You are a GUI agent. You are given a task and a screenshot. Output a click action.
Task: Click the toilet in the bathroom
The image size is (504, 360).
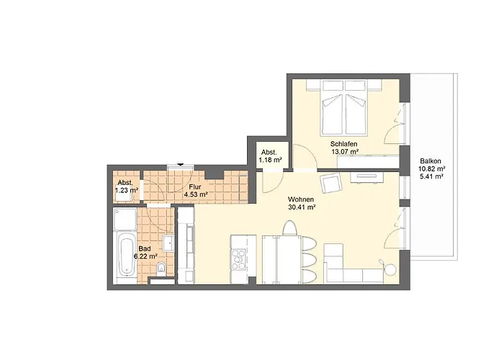pos(161,269)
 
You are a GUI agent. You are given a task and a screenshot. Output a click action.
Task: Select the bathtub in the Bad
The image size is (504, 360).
pos(125,255)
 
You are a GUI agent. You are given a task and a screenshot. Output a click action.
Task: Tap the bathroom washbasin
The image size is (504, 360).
pos(168,243)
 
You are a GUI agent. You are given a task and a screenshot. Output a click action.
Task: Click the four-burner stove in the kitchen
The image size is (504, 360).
pos(238,259)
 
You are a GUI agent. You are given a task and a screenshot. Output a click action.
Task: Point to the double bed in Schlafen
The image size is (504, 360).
pos(344,108)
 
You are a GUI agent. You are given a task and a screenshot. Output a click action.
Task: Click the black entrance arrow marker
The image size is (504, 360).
pos(181,165)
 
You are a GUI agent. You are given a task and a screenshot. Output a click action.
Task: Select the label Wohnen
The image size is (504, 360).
pos(300,199)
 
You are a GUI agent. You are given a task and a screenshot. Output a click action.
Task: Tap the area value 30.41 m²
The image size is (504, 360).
pos(302,207)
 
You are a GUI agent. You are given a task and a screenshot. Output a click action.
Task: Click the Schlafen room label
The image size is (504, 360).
pos(343,144)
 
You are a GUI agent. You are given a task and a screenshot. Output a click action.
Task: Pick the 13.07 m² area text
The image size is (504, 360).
pos(345,152)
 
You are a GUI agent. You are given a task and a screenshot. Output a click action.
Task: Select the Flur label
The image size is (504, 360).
pos(195,186)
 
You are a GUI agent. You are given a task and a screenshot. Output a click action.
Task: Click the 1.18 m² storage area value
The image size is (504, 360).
pos(270,160)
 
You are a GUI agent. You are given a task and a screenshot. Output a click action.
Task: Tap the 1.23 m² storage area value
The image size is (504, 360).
pos(127,190)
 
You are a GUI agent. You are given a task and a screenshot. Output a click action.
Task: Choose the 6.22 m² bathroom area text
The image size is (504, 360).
pos(145,256)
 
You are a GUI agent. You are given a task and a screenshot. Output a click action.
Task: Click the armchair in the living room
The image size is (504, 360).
pos(331,182)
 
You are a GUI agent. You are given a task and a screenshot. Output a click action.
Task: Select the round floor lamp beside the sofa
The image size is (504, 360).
pos(391,269)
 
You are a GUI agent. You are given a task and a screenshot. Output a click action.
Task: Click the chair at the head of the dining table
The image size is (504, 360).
pos(289,228)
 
